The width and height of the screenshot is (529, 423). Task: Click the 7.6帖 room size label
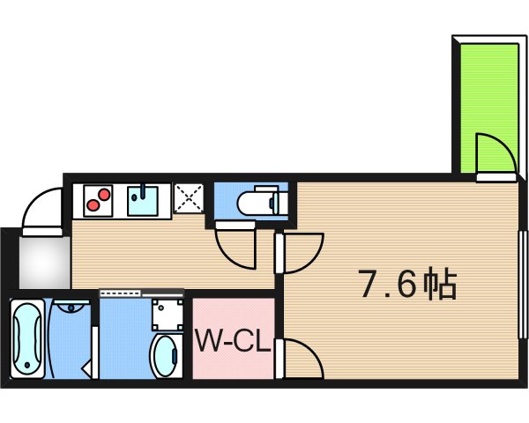click(x=406, y=285)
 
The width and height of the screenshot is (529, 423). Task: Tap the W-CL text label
click(x=232, y=341)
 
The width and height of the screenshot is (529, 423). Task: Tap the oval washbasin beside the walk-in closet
click(x=163, y=355)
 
